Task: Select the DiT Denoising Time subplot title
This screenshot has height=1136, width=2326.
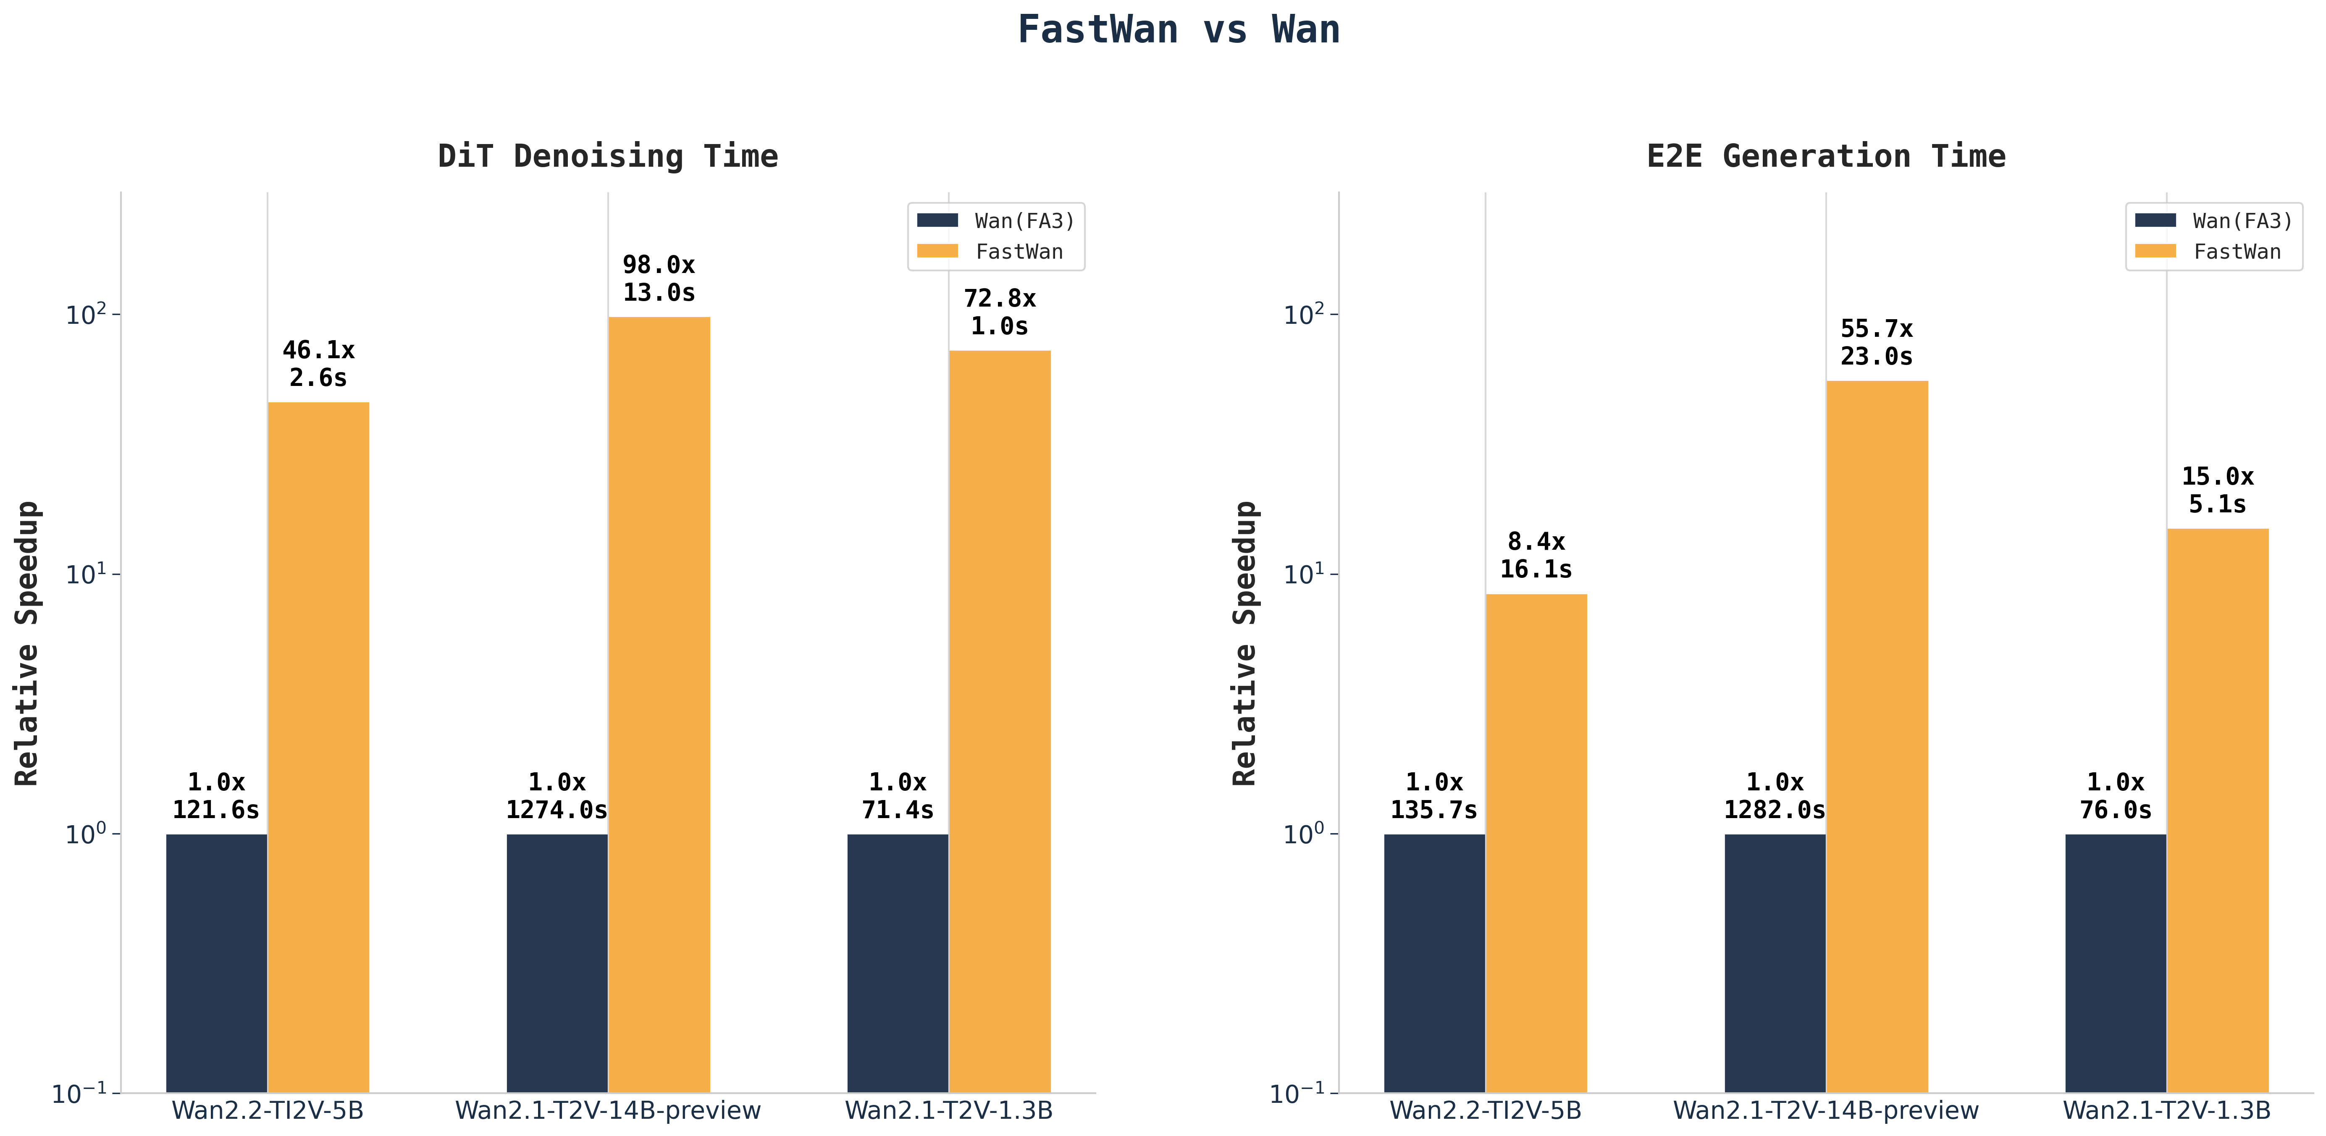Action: (x=608, y=156)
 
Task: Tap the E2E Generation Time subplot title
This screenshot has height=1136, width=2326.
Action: (x=1826, y=156)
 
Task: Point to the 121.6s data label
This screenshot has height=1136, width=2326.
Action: (x=216, y=810)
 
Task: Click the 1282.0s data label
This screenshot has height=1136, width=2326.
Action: (x=1774, y=810)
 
